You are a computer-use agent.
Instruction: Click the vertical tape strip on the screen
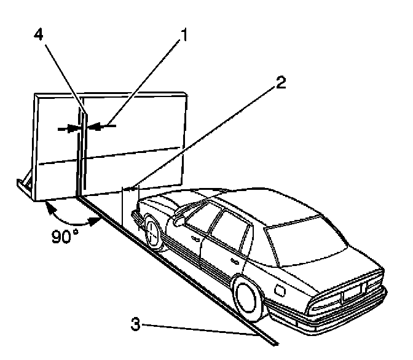[81, 154]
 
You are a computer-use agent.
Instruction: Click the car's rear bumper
[344, 313]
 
